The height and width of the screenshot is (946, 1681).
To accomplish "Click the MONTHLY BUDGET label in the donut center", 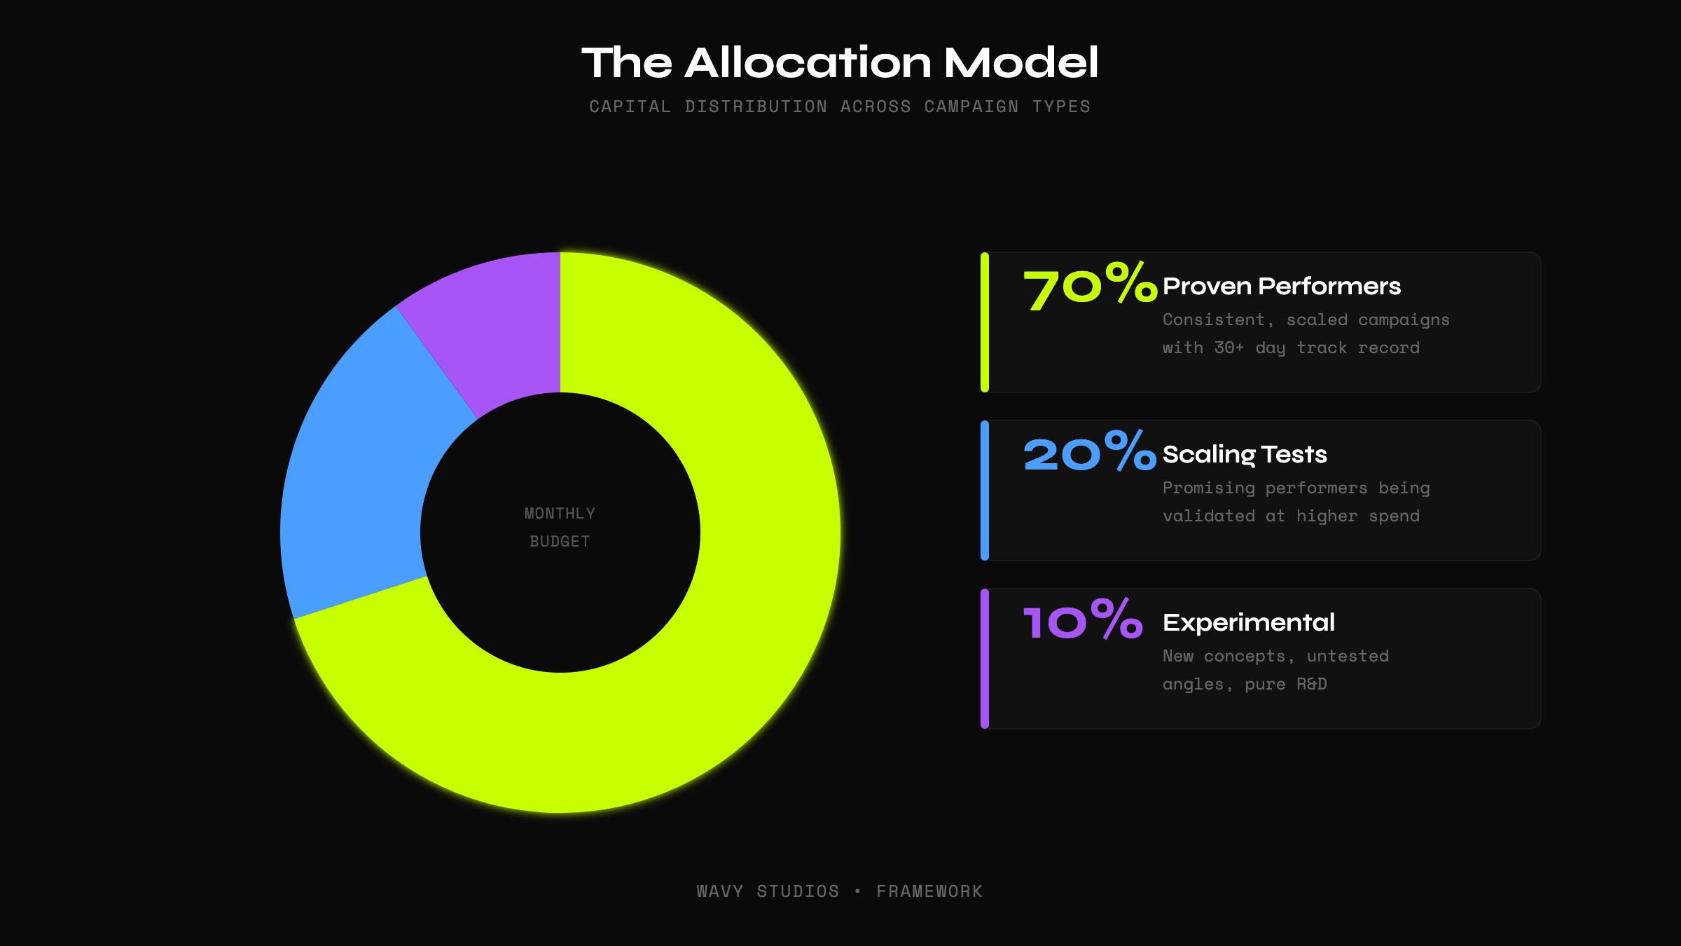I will pos(560,527).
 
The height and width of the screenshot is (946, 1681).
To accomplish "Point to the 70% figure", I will pos(1089,286).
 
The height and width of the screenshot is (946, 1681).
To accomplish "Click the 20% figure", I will pos(1089,453).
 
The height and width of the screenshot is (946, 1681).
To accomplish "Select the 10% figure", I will pos(1083,621).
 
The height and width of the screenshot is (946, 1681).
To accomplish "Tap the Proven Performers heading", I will pos(1281,286).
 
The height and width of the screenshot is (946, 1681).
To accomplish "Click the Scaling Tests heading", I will pos(1245,454).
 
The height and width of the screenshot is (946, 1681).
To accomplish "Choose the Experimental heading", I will pos(1248,622).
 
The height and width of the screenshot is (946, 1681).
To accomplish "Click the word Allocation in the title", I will pos(808,62).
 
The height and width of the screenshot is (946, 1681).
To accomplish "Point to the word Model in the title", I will pos(1021,62).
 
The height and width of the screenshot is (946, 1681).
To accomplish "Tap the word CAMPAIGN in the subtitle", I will pos(971,107).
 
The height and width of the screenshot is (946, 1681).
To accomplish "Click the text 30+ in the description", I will pos(1229,348).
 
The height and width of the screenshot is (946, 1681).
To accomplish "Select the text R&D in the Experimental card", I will pos(1311,684).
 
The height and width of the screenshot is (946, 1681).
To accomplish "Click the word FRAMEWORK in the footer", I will pos(929,891).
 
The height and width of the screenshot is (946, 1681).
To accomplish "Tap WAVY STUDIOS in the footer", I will pos(768,891).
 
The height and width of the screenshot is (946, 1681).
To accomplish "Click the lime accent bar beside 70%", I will pos(985,322).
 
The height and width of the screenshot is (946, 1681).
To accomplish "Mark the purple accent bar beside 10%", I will pos(985,659).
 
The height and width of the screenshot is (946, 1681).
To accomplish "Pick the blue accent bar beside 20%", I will pos(985,491).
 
